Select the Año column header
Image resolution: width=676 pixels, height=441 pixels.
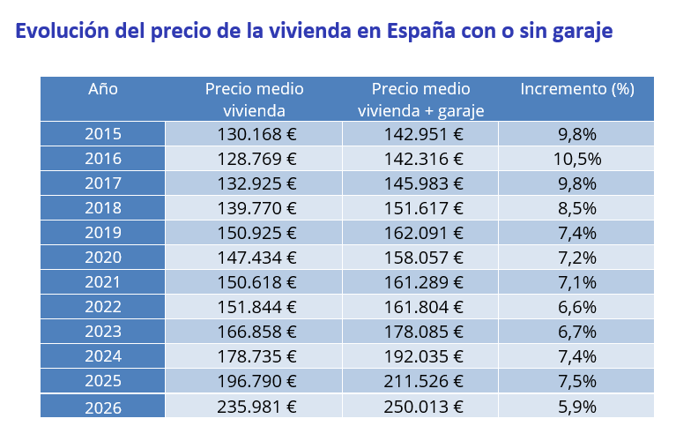103,89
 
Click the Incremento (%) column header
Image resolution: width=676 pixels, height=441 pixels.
576,89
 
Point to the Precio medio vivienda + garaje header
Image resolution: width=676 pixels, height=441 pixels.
420,99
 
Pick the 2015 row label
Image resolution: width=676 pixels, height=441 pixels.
103,134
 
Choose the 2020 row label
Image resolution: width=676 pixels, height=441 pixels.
103,258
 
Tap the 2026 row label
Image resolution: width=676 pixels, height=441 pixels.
103,407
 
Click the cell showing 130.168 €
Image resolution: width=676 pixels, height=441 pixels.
256,134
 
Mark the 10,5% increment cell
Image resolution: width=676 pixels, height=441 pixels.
577,159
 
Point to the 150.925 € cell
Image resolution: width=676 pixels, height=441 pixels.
256,233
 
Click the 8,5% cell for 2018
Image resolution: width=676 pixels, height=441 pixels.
577,208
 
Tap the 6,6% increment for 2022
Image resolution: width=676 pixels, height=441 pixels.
577,308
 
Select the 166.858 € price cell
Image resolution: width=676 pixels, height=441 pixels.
256,333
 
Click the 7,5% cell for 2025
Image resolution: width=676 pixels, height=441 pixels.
577,382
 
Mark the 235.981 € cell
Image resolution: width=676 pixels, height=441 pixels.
256,407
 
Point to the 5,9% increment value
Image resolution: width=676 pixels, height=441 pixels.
577,407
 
